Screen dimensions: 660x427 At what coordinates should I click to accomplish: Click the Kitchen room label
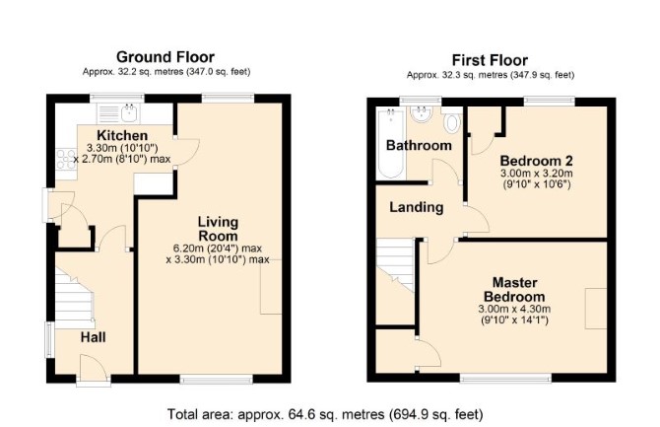click(x=122, y=135)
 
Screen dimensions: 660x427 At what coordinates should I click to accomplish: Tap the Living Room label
click(x=218, y=229)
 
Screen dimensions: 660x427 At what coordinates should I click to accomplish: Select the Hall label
click(x=93, y=337)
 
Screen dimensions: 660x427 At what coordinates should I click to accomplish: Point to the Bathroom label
click(x=419, y=145)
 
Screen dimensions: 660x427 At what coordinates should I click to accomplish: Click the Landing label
click(x=417, y=207)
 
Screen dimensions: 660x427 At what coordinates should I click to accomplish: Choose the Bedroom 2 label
click(x=536, y=161)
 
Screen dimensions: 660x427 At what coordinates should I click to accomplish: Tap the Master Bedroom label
click(x=514, y=289)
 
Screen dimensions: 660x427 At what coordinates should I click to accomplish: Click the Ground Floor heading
click(x=165, y=57)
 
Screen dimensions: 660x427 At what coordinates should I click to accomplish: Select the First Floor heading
click(x=490, y=60)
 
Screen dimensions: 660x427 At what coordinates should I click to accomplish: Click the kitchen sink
click(x=129, y=112)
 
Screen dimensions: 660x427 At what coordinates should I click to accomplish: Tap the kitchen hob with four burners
click(x=66, y=159)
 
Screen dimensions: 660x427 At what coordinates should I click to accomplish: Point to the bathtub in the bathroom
click(x=391, y=143)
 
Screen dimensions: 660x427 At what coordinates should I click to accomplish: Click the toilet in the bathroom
click(x=451, y=120)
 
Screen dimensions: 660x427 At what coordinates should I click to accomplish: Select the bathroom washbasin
click(x=421, y=113)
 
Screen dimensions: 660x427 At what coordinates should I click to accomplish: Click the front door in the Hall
click(x=93, y=367)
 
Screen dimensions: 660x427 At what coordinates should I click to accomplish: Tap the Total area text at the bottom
click(x=325, y=414)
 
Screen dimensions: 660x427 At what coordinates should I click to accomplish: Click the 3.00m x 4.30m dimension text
click(x=514, y=309)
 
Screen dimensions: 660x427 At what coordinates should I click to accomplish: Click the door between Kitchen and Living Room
click(x=186, y=152)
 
